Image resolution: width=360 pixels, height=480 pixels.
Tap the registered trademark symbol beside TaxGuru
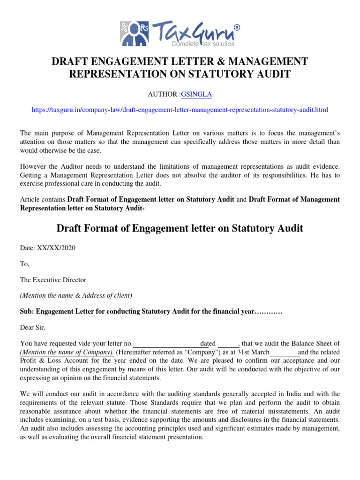coord(236,28)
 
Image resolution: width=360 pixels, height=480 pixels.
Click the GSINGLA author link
coord(199,95)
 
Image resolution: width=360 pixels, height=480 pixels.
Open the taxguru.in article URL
coord(180,110)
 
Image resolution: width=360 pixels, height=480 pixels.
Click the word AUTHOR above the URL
coord(163,95)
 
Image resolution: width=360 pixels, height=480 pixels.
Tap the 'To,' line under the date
coord(24,264)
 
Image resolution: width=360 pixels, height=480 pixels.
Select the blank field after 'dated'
coord(229,344)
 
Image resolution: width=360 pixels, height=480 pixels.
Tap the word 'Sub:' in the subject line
coord(27,311)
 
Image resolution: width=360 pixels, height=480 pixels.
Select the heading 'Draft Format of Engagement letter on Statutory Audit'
coord(180,228)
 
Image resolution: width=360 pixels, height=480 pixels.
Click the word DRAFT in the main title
coord(70,61)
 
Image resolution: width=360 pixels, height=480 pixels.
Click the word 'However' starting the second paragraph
coord(34,166)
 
